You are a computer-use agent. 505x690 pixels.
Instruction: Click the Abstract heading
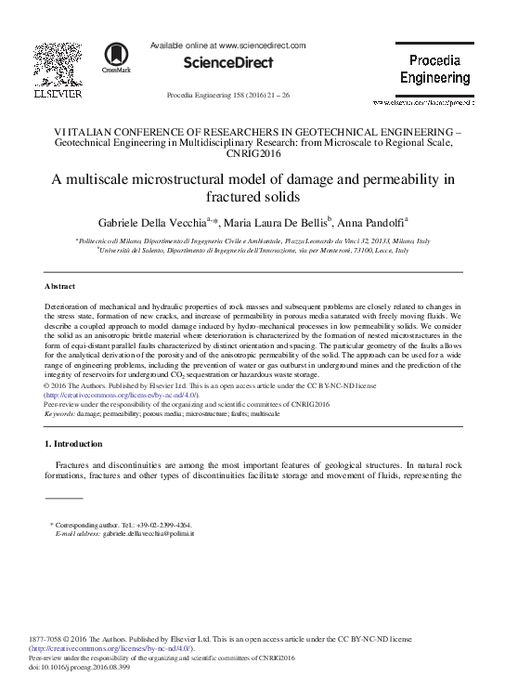(x=61, y=286)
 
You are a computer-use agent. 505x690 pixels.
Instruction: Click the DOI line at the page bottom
(x=86, y=668)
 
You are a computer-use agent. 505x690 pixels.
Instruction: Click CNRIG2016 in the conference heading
(x=252, y=154)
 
